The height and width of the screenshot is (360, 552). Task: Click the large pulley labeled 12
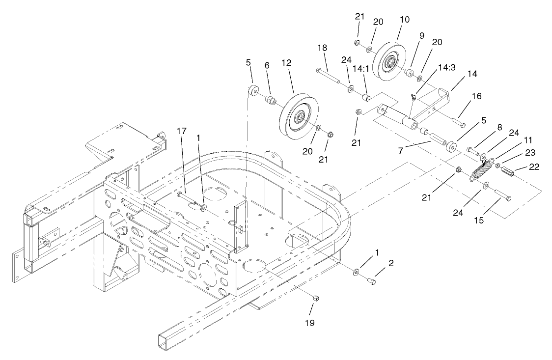pyautogui.click(x=299, y=116)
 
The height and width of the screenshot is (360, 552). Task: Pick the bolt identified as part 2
pyautogui.click(x=372, y=281)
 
